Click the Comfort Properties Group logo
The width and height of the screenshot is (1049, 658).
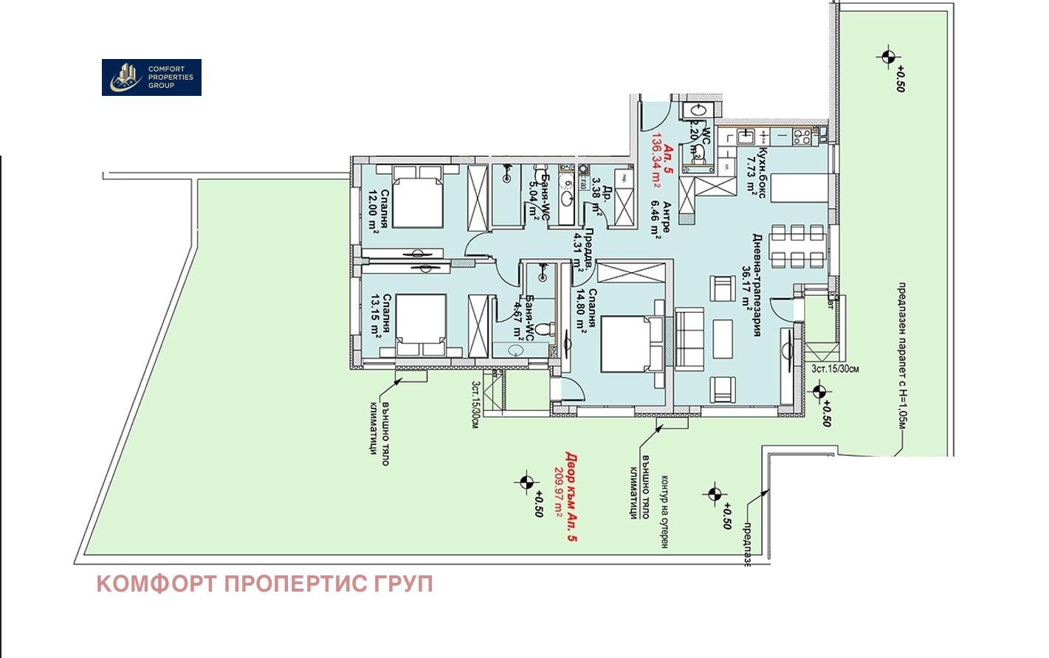[151, 77]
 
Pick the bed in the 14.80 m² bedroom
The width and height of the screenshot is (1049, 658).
[632, 343]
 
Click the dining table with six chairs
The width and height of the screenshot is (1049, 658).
[797, 246]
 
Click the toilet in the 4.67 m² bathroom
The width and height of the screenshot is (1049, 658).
[545, 329]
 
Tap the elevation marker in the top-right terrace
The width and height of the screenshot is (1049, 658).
[887, 57]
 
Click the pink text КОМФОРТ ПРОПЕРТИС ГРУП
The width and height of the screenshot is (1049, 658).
[264, 584]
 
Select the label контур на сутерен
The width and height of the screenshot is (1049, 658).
[664, 511]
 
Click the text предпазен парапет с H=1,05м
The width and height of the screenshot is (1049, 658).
[901, 355]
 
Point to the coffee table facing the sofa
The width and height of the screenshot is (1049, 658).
[723, 337]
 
